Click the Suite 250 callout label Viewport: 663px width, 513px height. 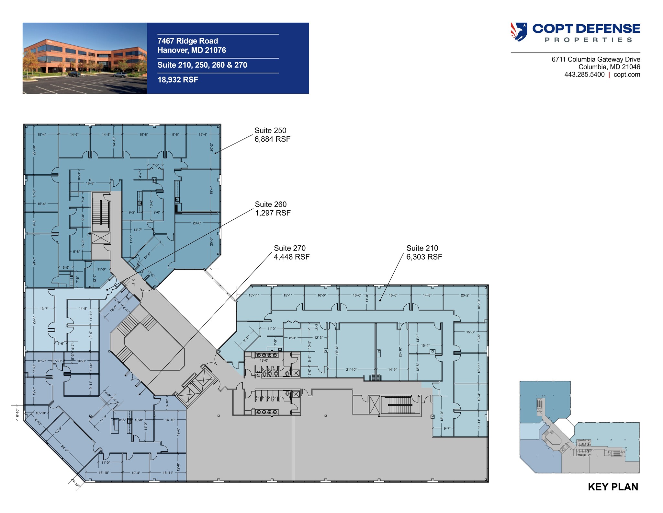tap(270, 131)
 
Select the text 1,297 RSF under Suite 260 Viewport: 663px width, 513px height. tap(273, 213)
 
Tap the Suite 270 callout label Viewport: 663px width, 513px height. tap(289, 248)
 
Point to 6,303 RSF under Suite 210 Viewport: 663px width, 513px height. tap(424, 257)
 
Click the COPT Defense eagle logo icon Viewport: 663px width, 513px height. tap(519, 32)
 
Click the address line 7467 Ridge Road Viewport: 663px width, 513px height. tap(187, 41)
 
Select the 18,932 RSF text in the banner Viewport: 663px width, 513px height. tap(178, 80)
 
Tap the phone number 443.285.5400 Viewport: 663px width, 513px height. tap(584, 75)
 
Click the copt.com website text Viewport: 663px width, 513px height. tap(627, 75)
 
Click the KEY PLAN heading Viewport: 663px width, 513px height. tap(613, 487)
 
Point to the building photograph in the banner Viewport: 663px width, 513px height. tap(85, 58)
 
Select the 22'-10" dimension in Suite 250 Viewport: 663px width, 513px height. tap(34, 150)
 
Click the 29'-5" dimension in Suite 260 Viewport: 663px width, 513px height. tap(34, 320)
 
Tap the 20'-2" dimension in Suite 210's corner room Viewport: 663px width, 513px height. tap(465, 295)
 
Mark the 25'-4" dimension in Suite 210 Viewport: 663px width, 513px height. tap(337, 350)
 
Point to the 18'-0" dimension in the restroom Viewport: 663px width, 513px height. tap(264, 360)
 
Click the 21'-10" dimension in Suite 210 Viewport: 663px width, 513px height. tap(351, 369)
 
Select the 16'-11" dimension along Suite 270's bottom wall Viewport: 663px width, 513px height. tap(168, 473)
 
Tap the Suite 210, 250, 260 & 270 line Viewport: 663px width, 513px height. tap(202, 65)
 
